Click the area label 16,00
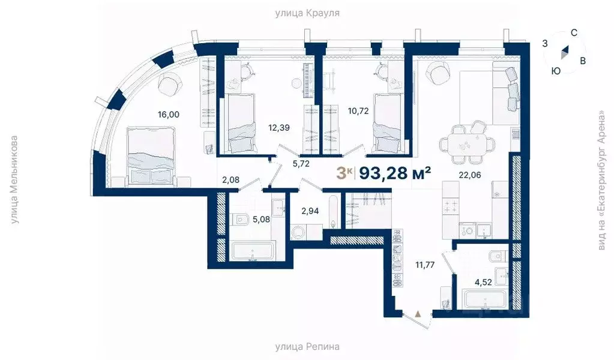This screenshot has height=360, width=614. tap(169, 115)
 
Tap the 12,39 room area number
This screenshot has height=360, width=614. tap(279, 128)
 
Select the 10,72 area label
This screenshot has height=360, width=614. tap(358, 111)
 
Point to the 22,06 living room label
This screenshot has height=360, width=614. tap(470, 175)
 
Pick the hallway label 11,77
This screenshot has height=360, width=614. tap(425, 265)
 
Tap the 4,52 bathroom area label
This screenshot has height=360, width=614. tap(483, 282)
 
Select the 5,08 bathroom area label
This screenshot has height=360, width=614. tap(261, 220)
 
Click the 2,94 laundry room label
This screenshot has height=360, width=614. tap(310, 211)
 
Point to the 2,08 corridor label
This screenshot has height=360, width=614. tap(230, 180)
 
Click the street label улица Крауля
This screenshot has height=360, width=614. tap(307, 13)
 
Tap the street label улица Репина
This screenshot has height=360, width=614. tap(307, 347)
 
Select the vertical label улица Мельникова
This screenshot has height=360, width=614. tap(14, 180)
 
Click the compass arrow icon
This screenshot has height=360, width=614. tap(564, 52)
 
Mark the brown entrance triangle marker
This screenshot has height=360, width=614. tap(418, 313)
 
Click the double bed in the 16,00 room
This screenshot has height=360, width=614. tap(151, 157)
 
